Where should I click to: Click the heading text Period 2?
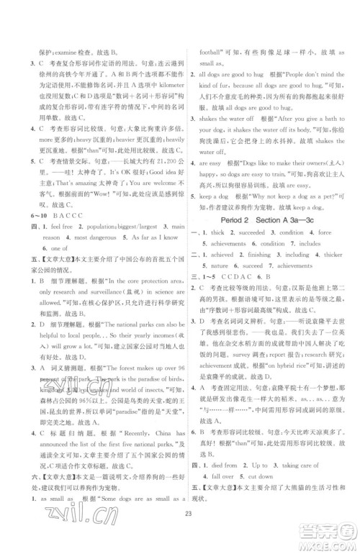(x=234, y=216)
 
